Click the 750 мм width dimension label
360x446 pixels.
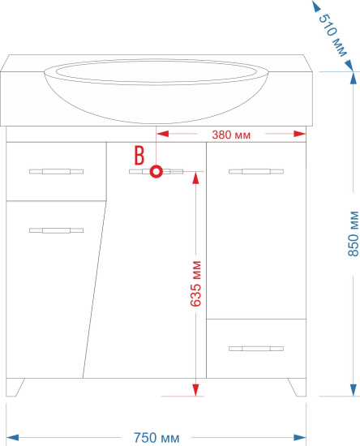[156, 437]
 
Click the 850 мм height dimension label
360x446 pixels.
[354, 234]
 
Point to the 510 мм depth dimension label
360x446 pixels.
[332, 35]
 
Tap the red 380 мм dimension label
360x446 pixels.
[231, 135]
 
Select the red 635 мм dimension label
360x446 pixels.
[195, 284]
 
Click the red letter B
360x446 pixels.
[139, 156]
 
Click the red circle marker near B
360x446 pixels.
[156, 172]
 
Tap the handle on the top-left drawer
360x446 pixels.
[56, 171]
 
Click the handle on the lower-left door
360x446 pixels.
[56, 230]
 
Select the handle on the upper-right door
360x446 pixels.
[256, 171]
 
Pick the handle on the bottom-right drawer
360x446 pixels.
[256, 349]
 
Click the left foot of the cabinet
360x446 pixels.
[15, 388]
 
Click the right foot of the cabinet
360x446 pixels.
[298, 388]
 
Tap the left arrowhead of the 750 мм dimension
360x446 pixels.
[12, 437]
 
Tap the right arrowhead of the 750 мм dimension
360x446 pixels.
[300, 437]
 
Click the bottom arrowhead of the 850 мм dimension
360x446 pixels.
[354, 390]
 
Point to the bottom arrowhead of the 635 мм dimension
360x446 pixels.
[195, 390]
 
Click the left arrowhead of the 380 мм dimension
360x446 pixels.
[163, 134]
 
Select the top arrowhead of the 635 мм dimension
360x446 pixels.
[195, 178]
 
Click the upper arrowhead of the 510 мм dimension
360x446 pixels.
[315, 6]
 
